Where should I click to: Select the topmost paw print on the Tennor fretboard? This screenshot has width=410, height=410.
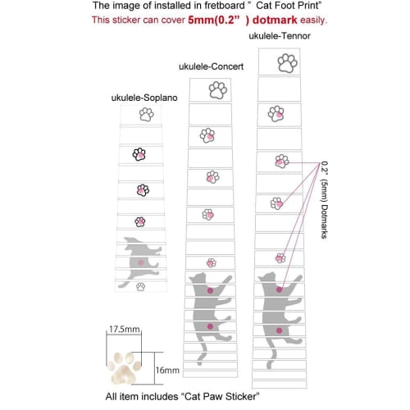click(x=287, y=61)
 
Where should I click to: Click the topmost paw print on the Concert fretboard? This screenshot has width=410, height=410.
click(x=217, y=90)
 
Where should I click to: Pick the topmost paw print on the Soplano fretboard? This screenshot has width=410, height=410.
click(x=146, y=115)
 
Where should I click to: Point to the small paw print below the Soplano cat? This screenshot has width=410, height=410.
click(x=140, y=286)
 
